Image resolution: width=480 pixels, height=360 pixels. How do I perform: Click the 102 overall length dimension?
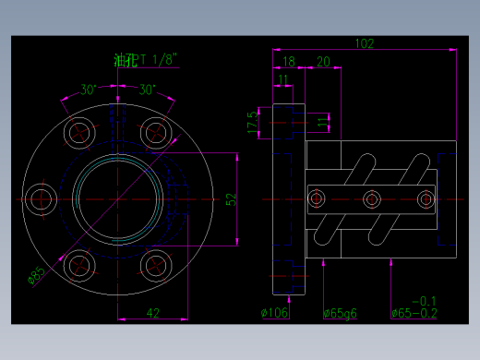pos(365,43)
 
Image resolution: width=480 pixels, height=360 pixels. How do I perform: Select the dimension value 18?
pos(289,61)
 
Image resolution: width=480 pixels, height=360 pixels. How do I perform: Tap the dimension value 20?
pos(323,61)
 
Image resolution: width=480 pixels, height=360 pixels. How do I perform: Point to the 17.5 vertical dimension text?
pos(251,121)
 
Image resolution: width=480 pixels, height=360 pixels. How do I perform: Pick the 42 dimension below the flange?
pos(153,313)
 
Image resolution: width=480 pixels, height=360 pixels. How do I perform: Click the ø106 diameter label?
pos(275,313)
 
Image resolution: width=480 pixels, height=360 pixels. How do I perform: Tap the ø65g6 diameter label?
pos(341,313)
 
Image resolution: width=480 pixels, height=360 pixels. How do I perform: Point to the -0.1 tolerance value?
pos(423,301)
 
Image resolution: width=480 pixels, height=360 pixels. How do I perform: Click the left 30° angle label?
pos(89,90)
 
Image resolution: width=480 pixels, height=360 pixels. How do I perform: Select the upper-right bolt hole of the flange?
pos(156,131)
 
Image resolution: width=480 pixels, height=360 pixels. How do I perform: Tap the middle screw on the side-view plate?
pos(373,198)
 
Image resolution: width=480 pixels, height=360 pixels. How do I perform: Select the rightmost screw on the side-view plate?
pos(426,198)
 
